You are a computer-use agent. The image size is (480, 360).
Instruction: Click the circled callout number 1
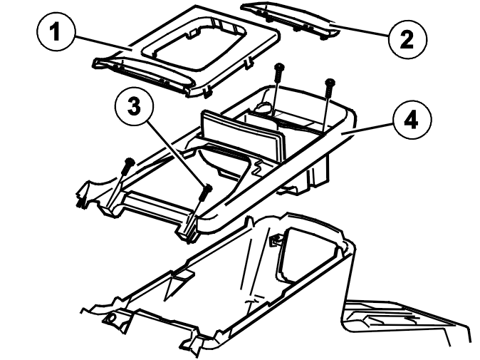pyautogui.click(x=56, y=32)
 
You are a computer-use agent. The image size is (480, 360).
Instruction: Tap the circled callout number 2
pyautogui.click(x=407, y=39)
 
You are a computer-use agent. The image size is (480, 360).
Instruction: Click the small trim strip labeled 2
pyautogui.click(x=290, y=21)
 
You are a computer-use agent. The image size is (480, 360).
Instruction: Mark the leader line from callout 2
pyautogui.click(x=360, y=30)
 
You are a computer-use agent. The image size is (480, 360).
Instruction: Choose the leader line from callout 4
pyautogui.click(x=367, y=128)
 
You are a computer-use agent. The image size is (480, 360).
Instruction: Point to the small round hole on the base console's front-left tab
pyautogui.click(x=111, y=319)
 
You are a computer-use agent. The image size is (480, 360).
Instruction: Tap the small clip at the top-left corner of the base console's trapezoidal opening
pyautogui.click(x=276, y=239)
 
